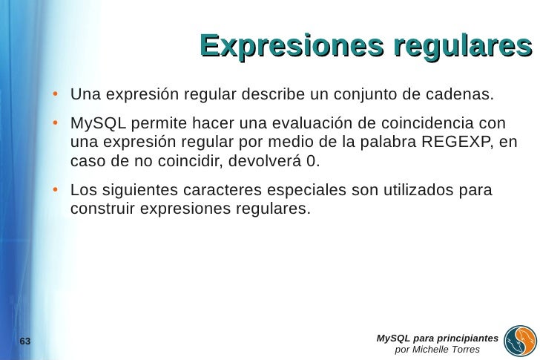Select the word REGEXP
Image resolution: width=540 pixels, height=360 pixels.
(x=452, y=142)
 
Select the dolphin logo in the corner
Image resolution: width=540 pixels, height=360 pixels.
(x=520, y=341)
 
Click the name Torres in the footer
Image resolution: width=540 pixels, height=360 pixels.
(x=461, y=350)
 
